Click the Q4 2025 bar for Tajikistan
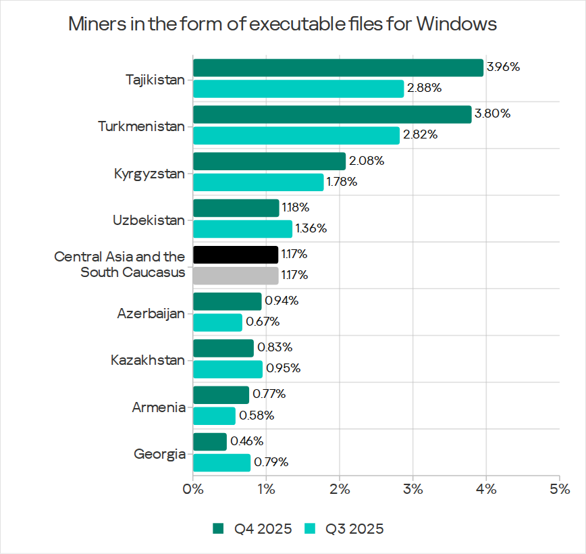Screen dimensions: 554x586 [x=338, y=68]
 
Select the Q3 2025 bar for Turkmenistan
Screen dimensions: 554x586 [x=296, y=136]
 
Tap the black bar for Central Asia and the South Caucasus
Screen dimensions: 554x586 [x=236, y=255]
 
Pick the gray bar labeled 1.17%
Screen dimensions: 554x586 [x=236, y=276]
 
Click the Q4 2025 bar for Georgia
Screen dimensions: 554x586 [x=210, y=442]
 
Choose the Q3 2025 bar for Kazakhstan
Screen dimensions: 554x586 [x=228, y=369]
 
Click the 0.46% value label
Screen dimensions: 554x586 [x=246, y=442]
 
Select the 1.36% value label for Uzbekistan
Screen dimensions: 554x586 [x=311, y=229]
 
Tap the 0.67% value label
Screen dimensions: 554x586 [x=261, y=322]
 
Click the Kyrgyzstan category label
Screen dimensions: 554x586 [x=150, y=174]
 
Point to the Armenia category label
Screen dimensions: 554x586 [x=159, y=407]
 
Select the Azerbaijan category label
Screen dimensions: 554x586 [x=151, y=313]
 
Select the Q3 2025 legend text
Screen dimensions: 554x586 [x=354, y=528]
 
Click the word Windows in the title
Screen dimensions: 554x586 [x=456, y=24]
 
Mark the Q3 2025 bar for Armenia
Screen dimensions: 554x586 [x=214, y=415]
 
